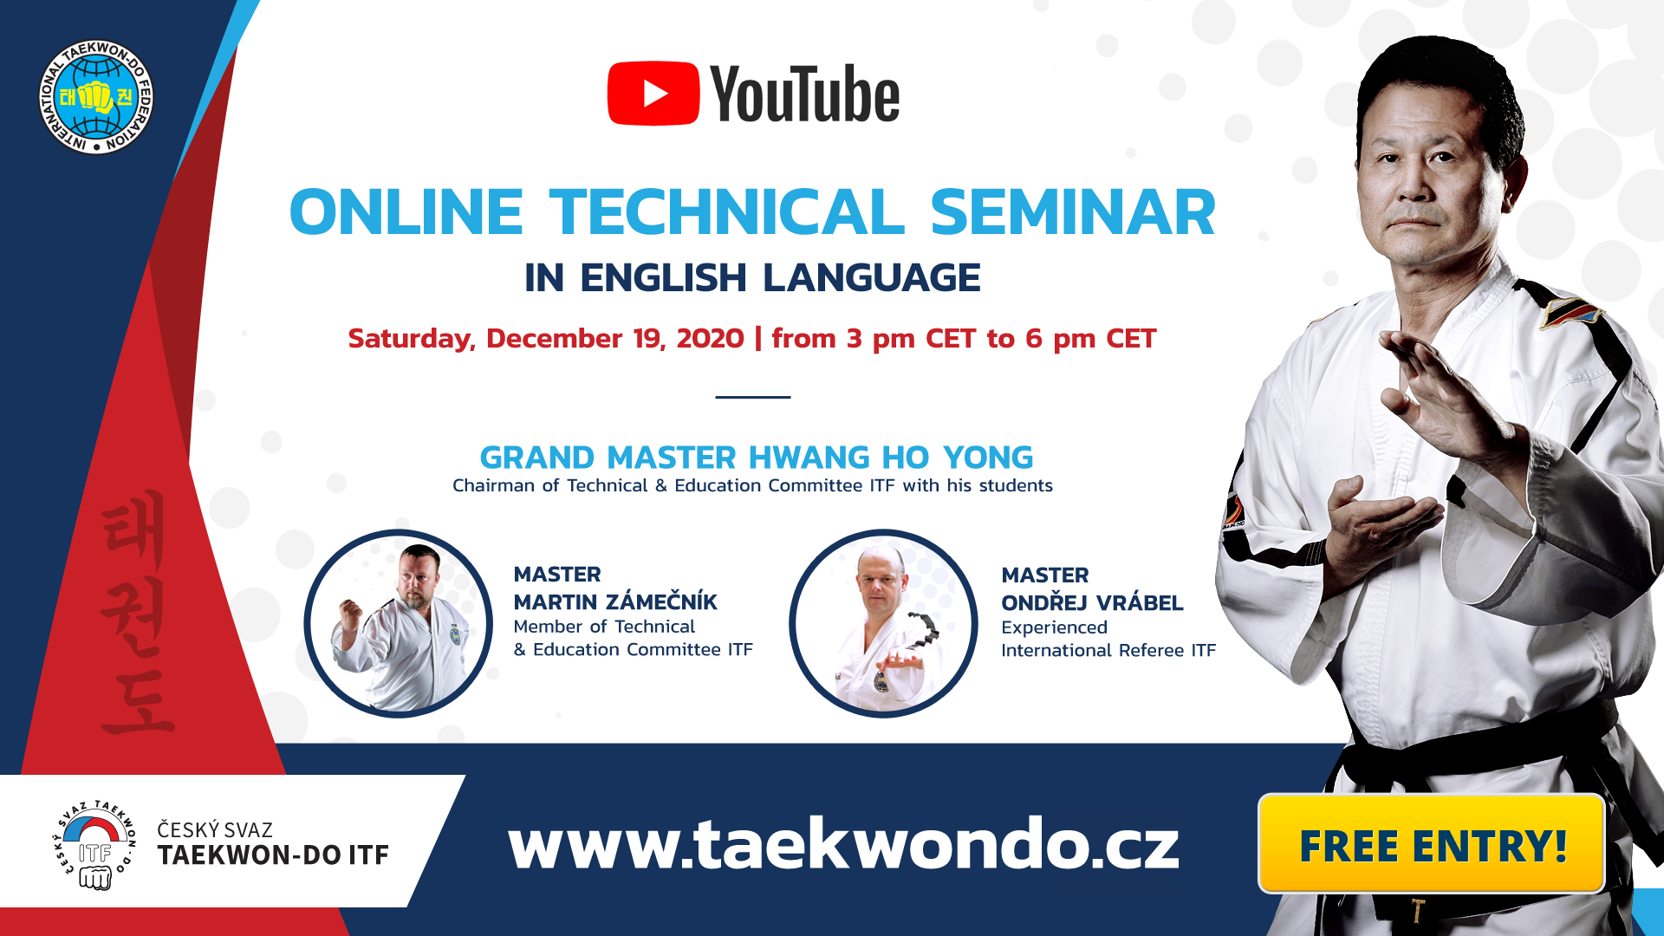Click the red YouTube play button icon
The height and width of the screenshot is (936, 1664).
coord(653,94)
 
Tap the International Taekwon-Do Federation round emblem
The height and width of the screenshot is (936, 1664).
coord(96,97)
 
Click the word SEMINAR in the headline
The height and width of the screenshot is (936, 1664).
coord(1073,212)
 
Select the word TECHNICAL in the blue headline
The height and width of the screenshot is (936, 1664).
coord(727,212)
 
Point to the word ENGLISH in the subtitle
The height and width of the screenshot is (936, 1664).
coord(663,278)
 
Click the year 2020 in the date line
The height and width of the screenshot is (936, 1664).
coord(710,338)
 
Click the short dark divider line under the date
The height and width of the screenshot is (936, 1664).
coord(752,397)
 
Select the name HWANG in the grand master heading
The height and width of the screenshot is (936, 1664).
coord(809,458)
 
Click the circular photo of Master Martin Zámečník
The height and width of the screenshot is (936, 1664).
coord(399,623)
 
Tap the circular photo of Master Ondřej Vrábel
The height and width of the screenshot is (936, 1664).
coord(883,623)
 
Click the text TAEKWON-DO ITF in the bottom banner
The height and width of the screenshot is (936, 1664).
coord(273,855)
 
